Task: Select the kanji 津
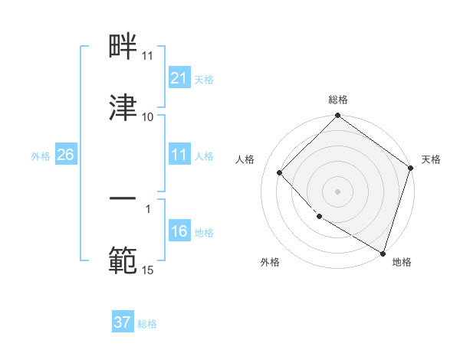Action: (123, 108)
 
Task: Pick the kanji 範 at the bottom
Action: (123, 261)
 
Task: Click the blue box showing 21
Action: (179, 78)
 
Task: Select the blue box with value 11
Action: (179, 155)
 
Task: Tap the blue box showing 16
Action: (179, 231)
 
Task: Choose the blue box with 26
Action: (65, 155)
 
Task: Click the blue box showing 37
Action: (123, 322)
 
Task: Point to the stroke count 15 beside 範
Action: (147, 270)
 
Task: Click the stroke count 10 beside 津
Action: (147, 116)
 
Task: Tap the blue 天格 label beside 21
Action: (204, 79)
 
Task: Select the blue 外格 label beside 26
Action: (41, 155)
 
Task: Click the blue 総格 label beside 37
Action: (147, 323)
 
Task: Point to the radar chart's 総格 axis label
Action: (337, 100)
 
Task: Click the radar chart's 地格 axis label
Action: (402, 262)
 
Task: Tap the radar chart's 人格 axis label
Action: (245, 159)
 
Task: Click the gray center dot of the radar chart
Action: (337, 191)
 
